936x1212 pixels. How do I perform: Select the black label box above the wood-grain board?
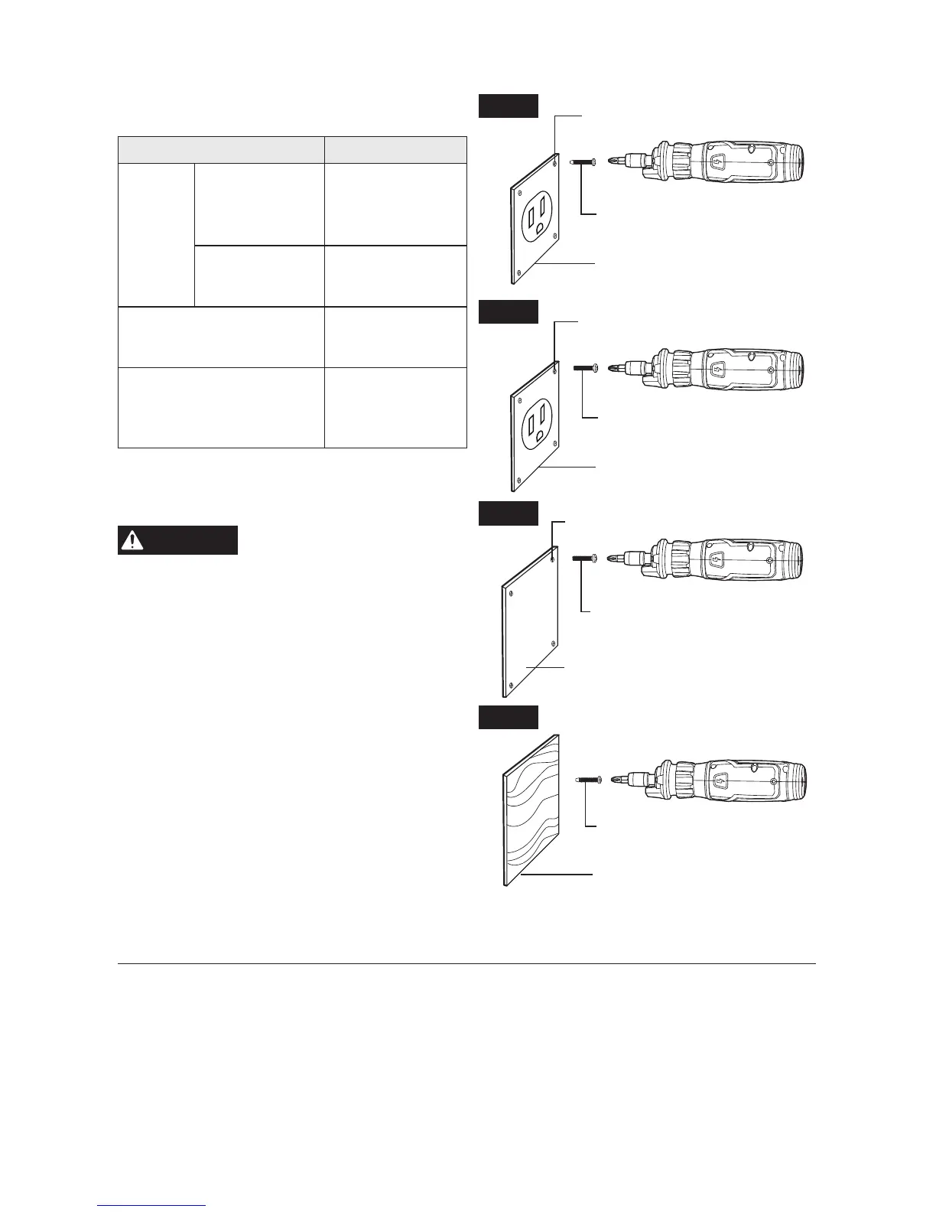(509, 718)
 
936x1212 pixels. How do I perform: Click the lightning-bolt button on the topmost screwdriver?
(716, 162)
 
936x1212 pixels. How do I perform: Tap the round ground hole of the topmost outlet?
(541, 228)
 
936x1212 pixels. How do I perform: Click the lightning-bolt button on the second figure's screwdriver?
(716, 369)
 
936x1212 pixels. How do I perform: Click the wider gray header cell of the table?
(221, 149)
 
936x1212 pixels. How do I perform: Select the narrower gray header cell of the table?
(395, 149)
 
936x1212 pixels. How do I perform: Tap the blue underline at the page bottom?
(151, 1206)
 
